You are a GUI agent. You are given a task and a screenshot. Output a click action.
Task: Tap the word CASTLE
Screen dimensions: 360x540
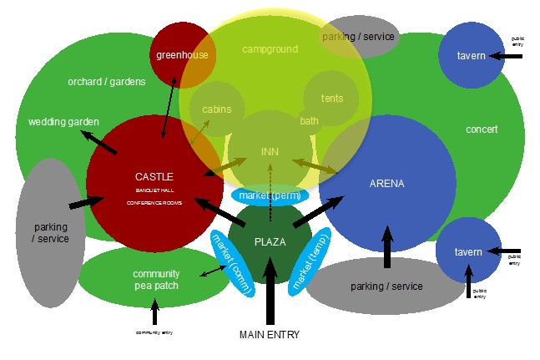pos(154,176)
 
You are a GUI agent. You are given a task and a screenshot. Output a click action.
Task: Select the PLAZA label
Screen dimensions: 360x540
pos(270,241)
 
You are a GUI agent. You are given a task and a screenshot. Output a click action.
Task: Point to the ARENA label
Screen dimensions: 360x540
pos(386,183)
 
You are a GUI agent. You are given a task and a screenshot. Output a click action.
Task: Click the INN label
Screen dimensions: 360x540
pos(270,151)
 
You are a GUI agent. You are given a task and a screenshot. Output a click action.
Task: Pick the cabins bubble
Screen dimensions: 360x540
pos(217,109)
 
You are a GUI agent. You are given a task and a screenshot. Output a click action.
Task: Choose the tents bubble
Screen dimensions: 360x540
pos(332,99)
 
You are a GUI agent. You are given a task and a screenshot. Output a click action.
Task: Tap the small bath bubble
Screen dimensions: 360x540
pos(310,121)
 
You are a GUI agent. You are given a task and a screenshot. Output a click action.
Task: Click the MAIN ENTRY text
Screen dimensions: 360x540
pos(269,335)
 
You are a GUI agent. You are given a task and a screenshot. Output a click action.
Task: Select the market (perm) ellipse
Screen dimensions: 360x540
pos(270,195)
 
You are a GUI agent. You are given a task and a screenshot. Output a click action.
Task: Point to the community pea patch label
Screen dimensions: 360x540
pos(156,280)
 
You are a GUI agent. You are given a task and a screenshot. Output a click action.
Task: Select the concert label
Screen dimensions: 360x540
pos(482,129)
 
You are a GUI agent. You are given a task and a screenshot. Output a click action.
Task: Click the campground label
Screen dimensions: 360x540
pos(270,49)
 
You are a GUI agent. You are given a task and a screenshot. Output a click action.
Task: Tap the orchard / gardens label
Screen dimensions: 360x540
pos(107,82)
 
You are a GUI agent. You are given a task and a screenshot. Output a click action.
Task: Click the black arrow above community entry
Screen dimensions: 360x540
pos(154,312)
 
